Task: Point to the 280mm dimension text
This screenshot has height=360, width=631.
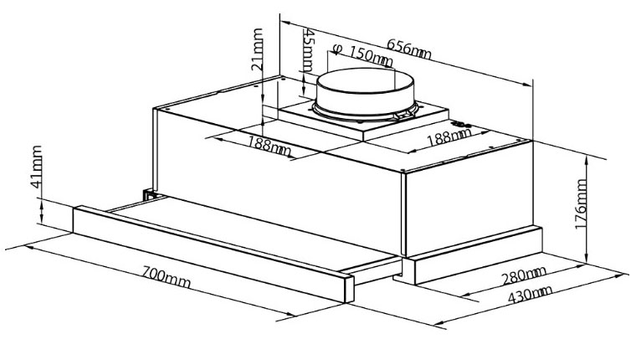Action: click(524, 275)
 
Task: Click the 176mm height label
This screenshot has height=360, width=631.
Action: click(581, 204)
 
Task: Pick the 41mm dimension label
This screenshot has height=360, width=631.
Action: click(36, 167)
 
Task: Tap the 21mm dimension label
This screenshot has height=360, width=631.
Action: click(257, 49)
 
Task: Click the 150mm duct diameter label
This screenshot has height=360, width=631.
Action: click(370, 57)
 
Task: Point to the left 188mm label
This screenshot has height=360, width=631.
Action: click(269, 146)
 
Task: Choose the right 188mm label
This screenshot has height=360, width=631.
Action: click(449, 137)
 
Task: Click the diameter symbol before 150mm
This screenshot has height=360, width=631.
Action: click(337, 49)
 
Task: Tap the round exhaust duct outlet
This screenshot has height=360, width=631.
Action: click(365, 95)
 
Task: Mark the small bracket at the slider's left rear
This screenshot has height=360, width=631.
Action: click(149, 194)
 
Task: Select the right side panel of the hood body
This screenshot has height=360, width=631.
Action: click(469, 198)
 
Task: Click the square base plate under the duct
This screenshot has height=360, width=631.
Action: click(362, 119)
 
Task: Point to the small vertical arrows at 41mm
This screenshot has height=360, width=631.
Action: click(42, 212)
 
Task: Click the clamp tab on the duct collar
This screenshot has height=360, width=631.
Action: click(404, 115)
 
